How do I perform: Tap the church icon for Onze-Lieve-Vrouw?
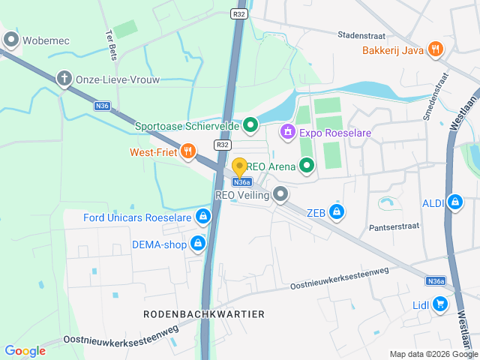[65, 79]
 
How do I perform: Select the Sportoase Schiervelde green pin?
[251, 126]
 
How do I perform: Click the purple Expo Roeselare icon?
[286, 133]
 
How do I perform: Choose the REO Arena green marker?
[306, 165]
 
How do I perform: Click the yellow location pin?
[240, 168]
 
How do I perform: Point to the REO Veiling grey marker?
[281, 195]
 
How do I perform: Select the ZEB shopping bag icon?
[337, 212]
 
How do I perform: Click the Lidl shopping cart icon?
[439, 304]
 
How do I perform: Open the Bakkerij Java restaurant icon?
[435, 50]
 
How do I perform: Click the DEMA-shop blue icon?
[197, 244]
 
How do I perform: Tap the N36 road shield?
[103, 106]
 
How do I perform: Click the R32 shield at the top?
[239, 13]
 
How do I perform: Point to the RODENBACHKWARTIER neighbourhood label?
[204, 314]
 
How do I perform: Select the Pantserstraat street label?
[397, 226]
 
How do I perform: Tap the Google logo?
[25, 350]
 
